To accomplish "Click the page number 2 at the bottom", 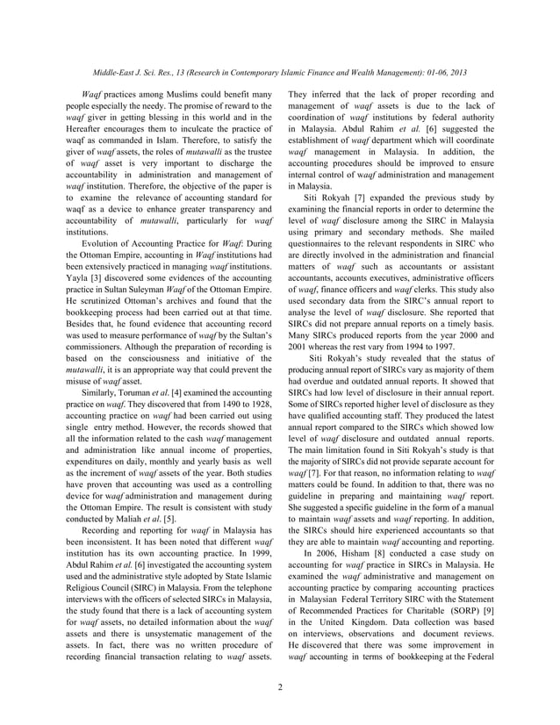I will click(280, 686).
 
